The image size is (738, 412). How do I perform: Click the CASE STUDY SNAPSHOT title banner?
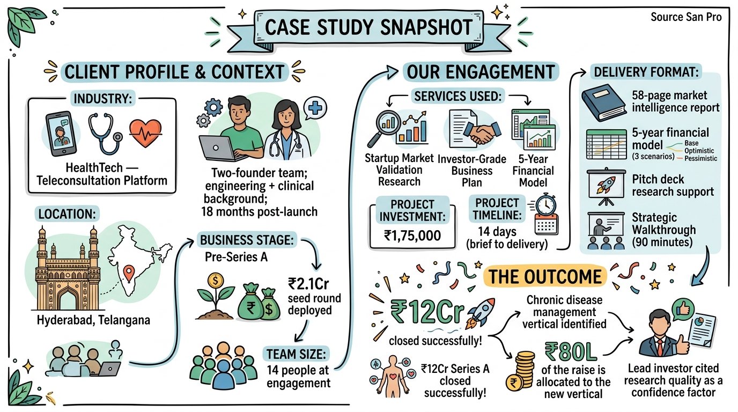coord(368,27)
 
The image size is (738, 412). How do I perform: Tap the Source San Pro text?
coord(686,17)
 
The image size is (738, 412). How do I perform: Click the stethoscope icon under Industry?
coord(102,134)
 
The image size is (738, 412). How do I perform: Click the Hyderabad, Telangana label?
coord(94,320)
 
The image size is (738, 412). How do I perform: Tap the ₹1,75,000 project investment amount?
coord(412,234)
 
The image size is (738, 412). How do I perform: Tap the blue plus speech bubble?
coord(316,109)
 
